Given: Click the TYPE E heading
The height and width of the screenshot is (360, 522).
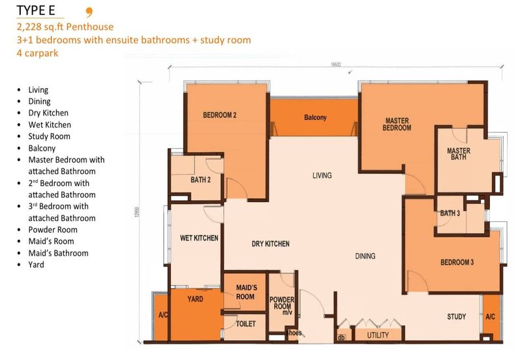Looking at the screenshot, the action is (x=36, y=10).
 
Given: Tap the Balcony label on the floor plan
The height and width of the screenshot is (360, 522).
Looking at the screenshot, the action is (x=315, y=117).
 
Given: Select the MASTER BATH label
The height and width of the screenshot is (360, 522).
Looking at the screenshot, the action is (x=459, y=154).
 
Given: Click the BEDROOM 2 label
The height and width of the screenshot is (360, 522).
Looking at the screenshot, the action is (x=220, y=115).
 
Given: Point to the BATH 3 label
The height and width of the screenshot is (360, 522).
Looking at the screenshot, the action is (x=450, y=213).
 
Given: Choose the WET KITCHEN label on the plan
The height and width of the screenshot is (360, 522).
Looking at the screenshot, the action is (x=199, y=238).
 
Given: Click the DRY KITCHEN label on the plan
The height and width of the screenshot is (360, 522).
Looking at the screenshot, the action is (x=270, y=244).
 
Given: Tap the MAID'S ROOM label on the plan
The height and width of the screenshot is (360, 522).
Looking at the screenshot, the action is (x=247, y=292).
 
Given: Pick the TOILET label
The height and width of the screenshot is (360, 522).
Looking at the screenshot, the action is (x=246, y=323).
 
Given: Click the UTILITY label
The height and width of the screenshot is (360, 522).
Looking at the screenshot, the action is (x=378, y=335).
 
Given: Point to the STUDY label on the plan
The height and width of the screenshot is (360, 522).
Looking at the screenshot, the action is (x=456, y=316).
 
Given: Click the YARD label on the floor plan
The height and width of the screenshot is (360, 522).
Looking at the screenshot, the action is (x=195, y=299).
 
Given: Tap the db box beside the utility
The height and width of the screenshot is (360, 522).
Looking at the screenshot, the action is (x=341, y=337).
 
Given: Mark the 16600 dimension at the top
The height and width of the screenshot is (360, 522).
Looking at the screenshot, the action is (x=335, y=64).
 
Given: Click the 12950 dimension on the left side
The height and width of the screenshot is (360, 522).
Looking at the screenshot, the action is (x=136, y=212).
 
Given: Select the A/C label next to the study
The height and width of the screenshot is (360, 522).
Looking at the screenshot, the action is (x=490, y=316).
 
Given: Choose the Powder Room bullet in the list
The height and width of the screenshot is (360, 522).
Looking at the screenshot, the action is (x=53, y=230).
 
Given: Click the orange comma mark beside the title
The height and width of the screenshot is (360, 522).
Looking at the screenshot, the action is (x=89, y=12).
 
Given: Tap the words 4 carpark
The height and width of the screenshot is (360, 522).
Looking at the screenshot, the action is (x=37, y=53).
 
